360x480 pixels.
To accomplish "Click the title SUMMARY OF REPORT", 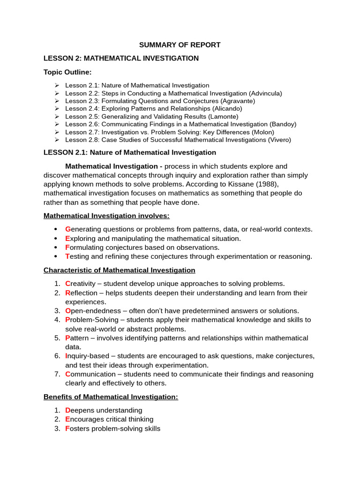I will click(180, 45).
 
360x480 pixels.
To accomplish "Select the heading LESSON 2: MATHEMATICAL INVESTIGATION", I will click(121, 58).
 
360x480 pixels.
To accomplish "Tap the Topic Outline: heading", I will click(67, 72).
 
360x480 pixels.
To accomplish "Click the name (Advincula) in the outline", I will click(265, 93).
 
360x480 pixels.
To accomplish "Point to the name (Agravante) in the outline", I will click(238, 101).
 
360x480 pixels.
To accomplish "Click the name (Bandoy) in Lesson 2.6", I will click(283, 124).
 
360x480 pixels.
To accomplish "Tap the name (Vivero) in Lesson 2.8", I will click(277, 140).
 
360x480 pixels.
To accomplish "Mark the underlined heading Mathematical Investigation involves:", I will click(106, 216).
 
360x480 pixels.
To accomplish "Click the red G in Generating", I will click(67, 229).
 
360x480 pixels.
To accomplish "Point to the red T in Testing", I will click(67, 256).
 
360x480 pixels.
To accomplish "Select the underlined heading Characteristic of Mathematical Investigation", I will click(120, 270).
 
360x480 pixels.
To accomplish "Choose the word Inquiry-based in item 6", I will click(87, 356).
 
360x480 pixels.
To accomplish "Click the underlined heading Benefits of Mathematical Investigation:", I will click(111, 397).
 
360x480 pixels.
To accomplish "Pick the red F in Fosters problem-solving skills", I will click(67, 428).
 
